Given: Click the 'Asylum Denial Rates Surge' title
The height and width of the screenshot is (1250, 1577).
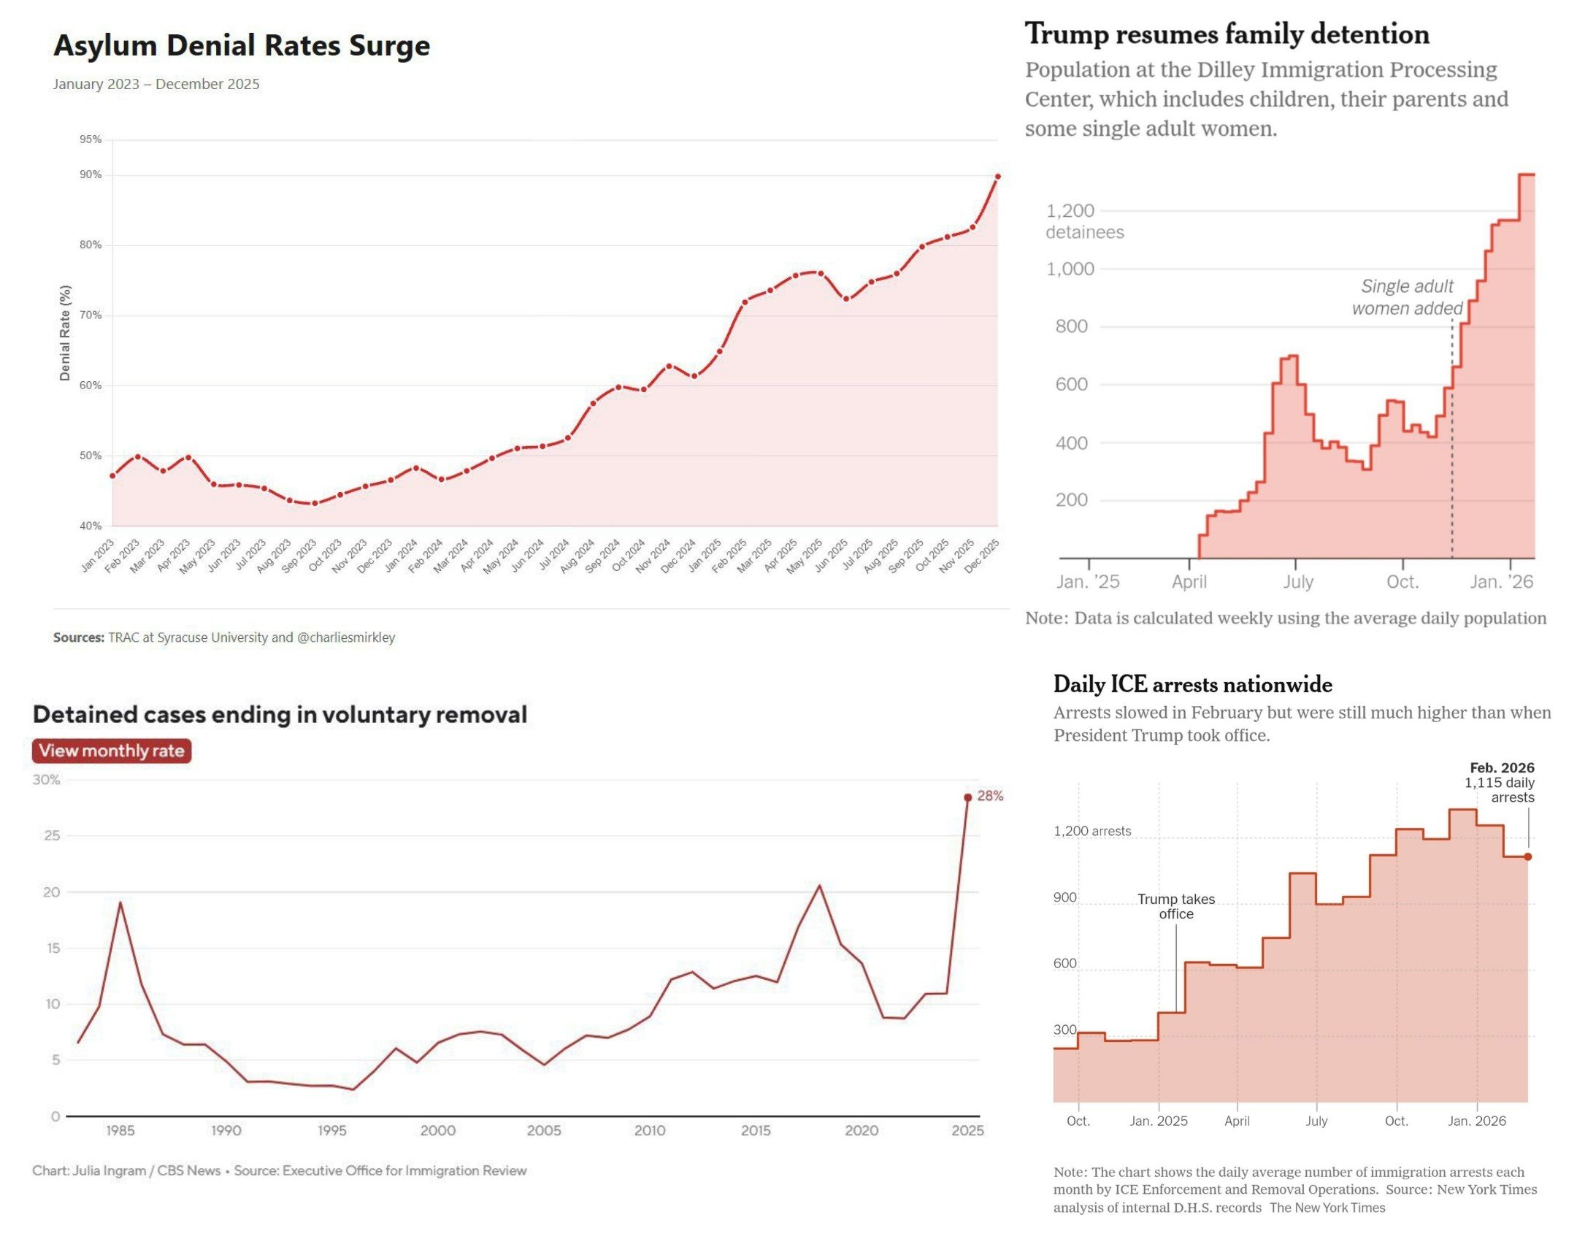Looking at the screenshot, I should click(242, 45).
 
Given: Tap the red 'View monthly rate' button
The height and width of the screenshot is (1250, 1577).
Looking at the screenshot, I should click(111, 751).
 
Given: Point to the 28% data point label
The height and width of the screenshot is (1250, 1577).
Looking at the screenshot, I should click(990, 796).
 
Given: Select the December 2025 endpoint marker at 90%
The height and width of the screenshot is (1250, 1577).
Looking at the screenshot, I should click(998, 176).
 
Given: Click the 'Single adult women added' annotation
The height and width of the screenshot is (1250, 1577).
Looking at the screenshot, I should click(1407, 297).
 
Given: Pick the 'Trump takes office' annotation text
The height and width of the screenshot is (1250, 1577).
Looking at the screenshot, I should click(1175, 906).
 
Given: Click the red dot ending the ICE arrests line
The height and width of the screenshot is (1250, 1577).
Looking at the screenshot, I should click(1527, 856).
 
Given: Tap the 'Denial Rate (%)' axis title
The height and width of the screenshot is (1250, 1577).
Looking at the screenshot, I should click(65, 333).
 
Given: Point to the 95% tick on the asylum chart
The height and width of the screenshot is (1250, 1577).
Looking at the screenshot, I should click(91, 139).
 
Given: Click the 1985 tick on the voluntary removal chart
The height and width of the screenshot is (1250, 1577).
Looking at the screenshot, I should click(120, 1131).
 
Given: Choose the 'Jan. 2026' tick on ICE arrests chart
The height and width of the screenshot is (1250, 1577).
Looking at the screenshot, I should click(1477, 1121).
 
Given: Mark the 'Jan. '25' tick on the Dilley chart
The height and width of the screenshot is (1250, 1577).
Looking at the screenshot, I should click(1088, 582).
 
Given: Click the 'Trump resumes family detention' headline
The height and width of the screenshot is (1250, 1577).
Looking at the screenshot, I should click(1227, 34).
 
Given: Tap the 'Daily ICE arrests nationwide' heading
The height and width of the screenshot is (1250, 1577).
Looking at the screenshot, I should click(1192, 685).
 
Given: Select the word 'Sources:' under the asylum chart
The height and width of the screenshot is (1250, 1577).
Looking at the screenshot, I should click(78, 637).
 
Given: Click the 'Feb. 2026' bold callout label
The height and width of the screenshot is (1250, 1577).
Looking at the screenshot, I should click(1502, 768).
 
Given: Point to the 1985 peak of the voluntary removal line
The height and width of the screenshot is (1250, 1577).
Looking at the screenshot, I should click(120, 902).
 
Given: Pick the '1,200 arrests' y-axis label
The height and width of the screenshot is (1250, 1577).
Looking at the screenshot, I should click(1091, 832).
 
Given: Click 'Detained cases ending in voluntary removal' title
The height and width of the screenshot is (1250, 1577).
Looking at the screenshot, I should click(280, 715).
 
